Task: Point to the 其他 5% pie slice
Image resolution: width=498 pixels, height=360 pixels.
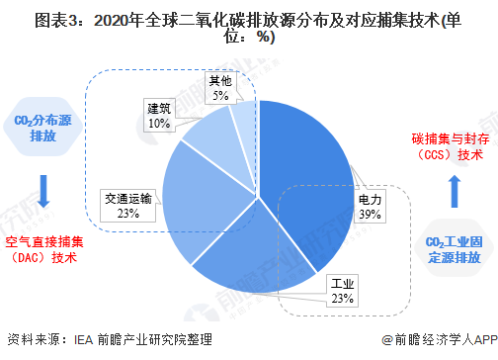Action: coord(243,114)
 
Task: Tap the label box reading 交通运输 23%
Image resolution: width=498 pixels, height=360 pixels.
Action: coord(128,205)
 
